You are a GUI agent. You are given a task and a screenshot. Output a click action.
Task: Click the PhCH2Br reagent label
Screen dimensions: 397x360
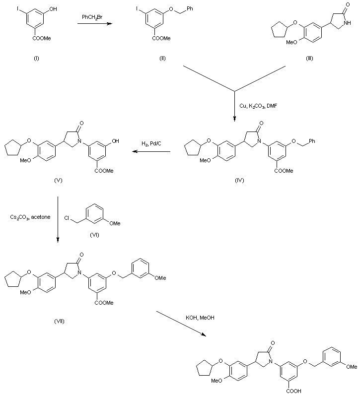coord(93,17)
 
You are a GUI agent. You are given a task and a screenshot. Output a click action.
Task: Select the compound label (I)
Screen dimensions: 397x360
coord(36,58)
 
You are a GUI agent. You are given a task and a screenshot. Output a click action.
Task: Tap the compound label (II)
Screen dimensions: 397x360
coord(162,58)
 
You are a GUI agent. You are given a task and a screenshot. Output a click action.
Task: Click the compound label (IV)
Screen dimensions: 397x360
coord(239,180)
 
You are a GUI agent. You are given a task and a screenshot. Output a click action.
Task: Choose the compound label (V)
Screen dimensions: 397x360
coord(58,180)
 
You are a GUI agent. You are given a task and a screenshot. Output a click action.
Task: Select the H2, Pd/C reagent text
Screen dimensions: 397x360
coord(151,144)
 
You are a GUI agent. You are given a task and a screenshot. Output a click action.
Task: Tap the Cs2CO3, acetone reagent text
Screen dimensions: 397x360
coord(30,217)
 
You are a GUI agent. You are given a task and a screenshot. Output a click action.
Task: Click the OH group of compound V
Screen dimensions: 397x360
coord(115,141)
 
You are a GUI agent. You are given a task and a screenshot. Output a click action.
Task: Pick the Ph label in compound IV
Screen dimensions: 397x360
coord(311,141)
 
